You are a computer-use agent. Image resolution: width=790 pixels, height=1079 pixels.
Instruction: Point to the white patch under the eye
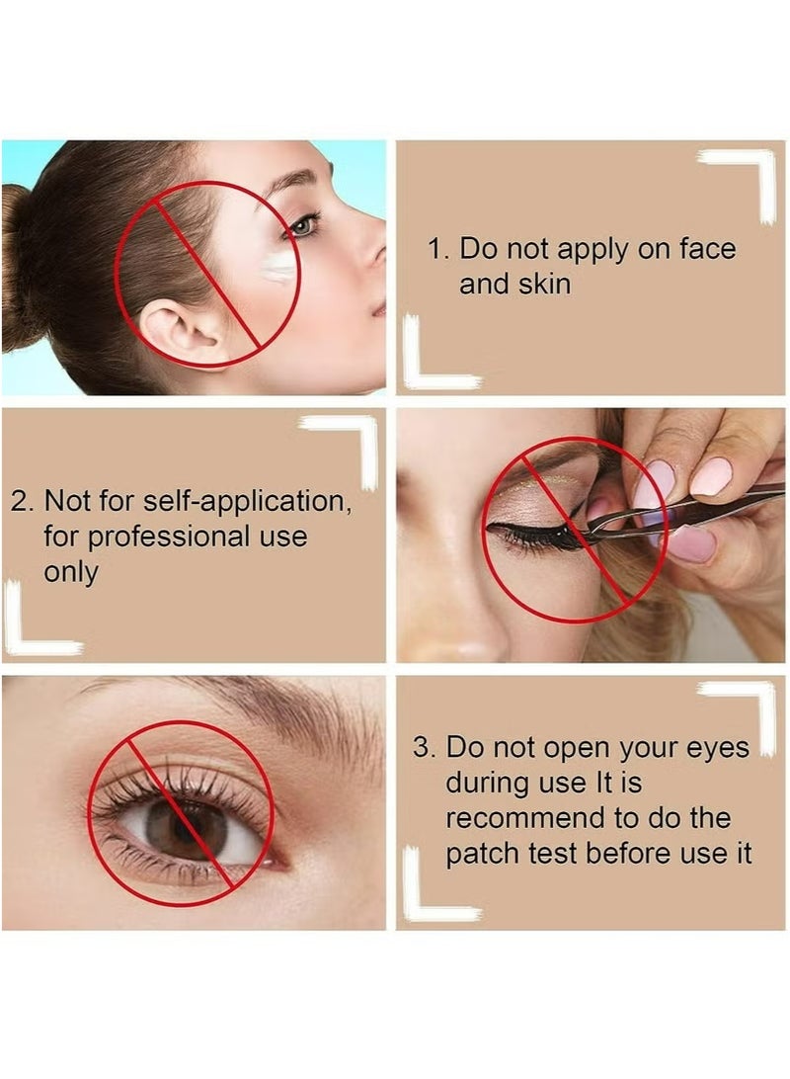pos(279,265)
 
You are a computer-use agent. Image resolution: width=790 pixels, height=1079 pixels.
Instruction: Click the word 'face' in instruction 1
pos(705,249)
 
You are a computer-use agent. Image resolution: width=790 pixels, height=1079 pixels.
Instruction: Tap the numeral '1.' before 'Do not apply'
pos(437,249)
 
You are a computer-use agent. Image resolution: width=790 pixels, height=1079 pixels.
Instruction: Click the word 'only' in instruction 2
pos(71,573)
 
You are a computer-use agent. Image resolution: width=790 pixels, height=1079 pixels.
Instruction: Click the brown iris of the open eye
pos(187,828)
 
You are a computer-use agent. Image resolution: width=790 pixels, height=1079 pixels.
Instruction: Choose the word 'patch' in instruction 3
pos(481,854)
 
